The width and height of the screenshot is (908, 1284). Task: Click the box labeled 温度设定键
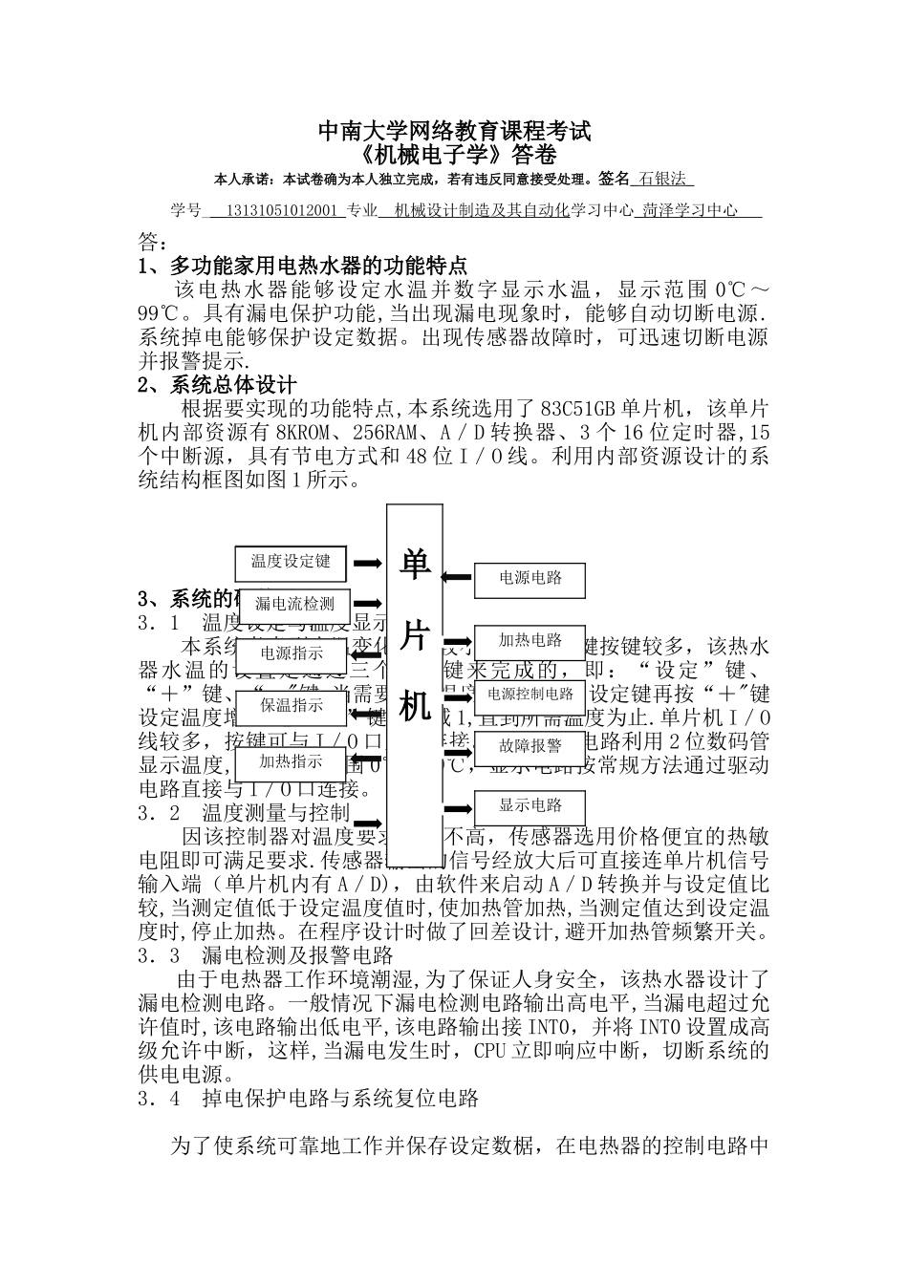pyautogui.click(x=291, y=562)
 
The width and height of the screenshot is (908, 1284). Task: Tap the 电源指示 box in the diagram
pyautogui.click(x=292, y=654)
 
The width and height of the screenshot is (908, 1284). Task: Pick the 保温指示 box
pyautogui.click(x=292, y=706)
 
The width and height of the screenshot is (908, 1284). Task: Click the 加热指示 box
pyautogui.click(x=292, y=761)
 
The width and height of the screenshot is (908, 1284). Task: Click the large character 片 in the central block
pyautogui.click(x=414, y=637)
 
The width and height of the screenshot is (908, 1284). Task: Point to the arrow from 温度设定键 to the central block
pyautogui.click(x=368, y=564)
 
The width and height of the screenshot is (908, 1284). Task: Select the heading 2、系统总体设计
pyautogui.click(x=218, y=385)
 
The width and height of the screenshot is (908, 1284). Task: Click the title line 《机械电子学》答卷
pyautogui.click(x=454, y=155)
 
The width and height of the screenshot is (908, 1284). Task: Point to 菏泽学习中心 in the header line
pyautogui.click(x=690, y=210)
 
